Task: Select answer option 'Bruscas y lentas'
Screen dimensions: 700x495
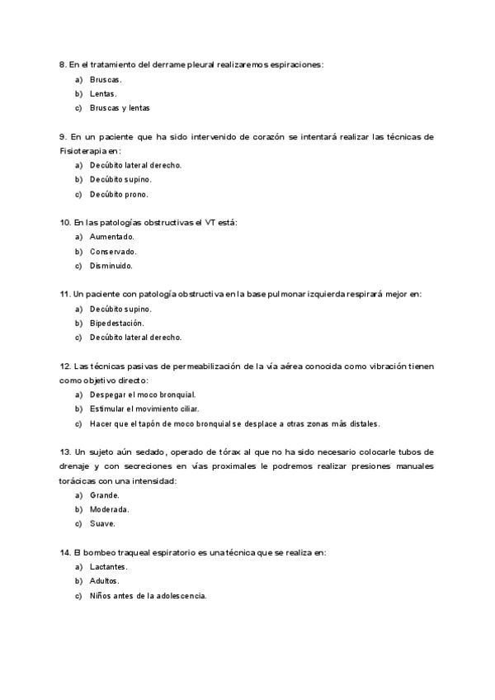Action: tap(120, 107)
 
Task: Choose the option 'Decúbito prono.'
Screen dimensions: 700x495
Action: tap(119, 194)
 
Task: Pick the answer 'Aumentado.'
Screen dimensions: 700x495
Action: tap(111, 237)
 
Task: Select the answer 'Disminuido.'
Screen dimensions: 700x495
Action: tap(111, 266)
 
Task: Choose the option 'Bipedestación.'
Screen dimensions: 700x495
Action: tap(116, 323)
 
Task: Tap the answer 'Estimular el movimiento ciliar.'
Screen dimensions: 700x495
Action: tap(144, 409)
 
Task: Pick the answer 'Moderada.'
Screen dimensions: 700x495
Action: tap(109, 509)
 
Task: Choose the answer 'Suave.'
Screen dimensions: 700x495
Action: tap(102, 523)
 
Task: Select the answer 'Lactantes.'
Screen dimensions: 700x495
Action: tap(108, 566)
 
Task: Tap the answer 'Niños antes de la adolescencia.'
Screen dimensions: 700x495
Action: tap(148, 595)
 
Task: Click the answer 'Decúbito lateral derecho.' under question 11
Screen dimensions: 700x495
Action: tap(135, 337)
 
